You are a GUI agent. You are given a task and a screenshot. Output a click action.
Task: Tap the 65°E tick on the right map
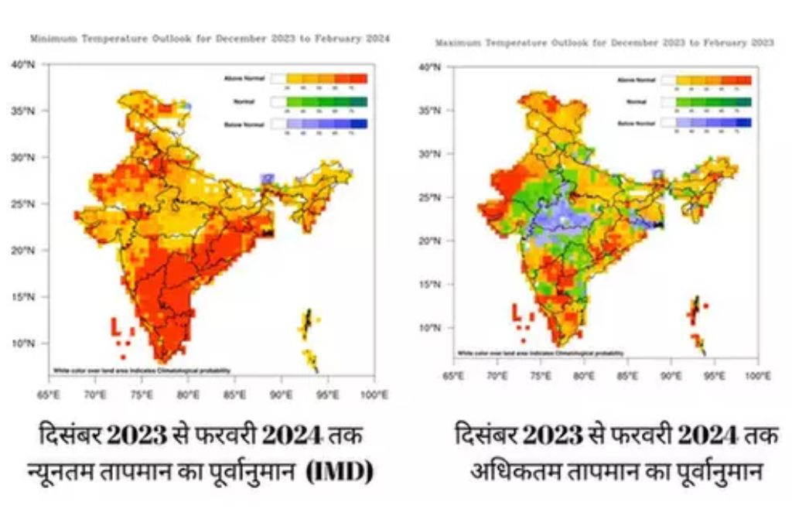click(452, 377)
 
